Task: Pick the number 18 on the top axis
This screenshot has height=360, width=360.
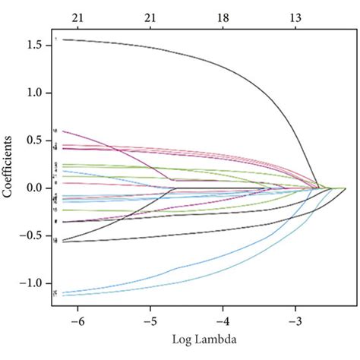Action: (x=223, y=16)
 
